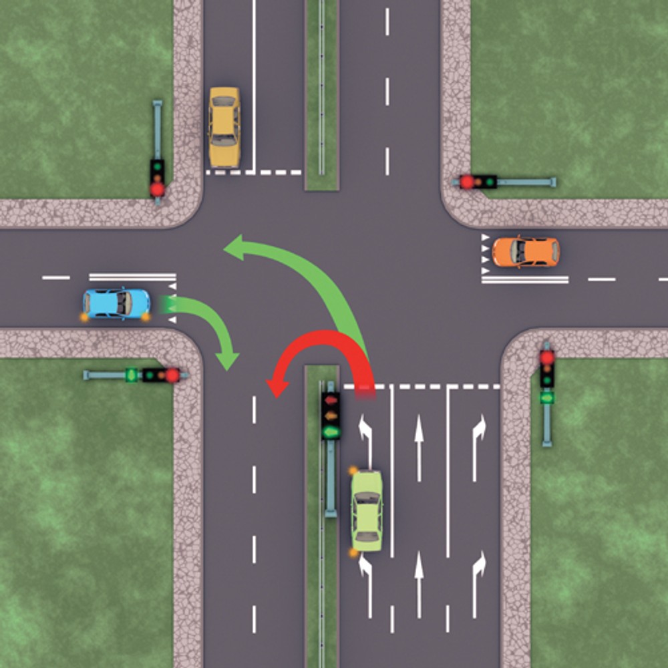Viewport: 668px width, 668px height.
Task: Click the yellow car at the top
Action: pyautogui.click(x=224, y=127)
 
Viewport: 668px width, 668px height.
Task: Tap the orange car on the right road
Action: pyautogui.click(x=526, y=251)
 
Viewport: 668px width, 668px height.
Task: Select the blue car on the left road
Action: pyautogui.click(x=116, y=303)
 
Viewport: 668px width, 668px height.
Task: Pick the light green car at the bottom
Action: pyautogui.click(x=367, y=510)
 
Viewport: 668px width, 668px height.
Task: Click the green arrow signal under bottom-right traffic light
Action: pyautogui.click(x=547, y=397)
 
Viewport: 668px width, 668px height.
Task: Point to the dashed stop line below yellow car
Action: pyautogui.click(x=254, y=172)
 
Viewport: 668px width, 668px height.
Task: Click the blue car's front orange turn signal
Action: pyautogui.click(x=145, y=317)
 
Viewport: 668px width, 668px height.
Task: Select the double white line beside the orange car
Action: pyautogui.click(x=525, y=279)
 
